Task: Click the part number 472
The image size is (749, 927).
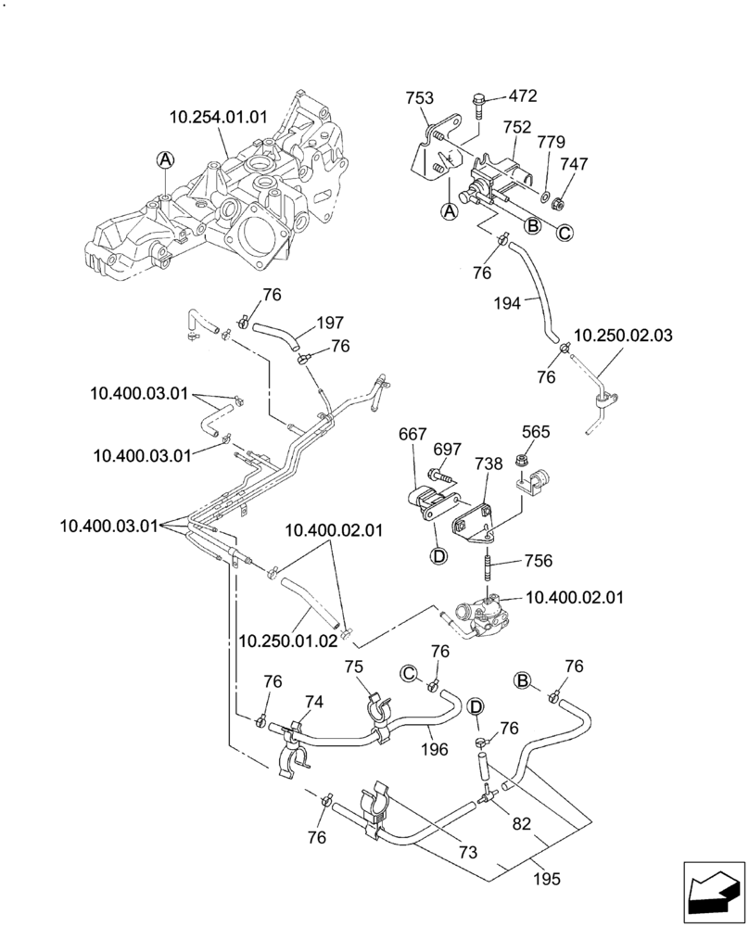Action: [523, 96]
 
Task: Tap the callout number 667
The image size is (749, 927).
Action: [413, 434]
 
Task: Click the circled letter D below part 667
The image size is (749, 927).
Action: [438, 556]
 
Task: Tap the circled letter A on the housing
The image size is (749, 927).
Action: [164, 160]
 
